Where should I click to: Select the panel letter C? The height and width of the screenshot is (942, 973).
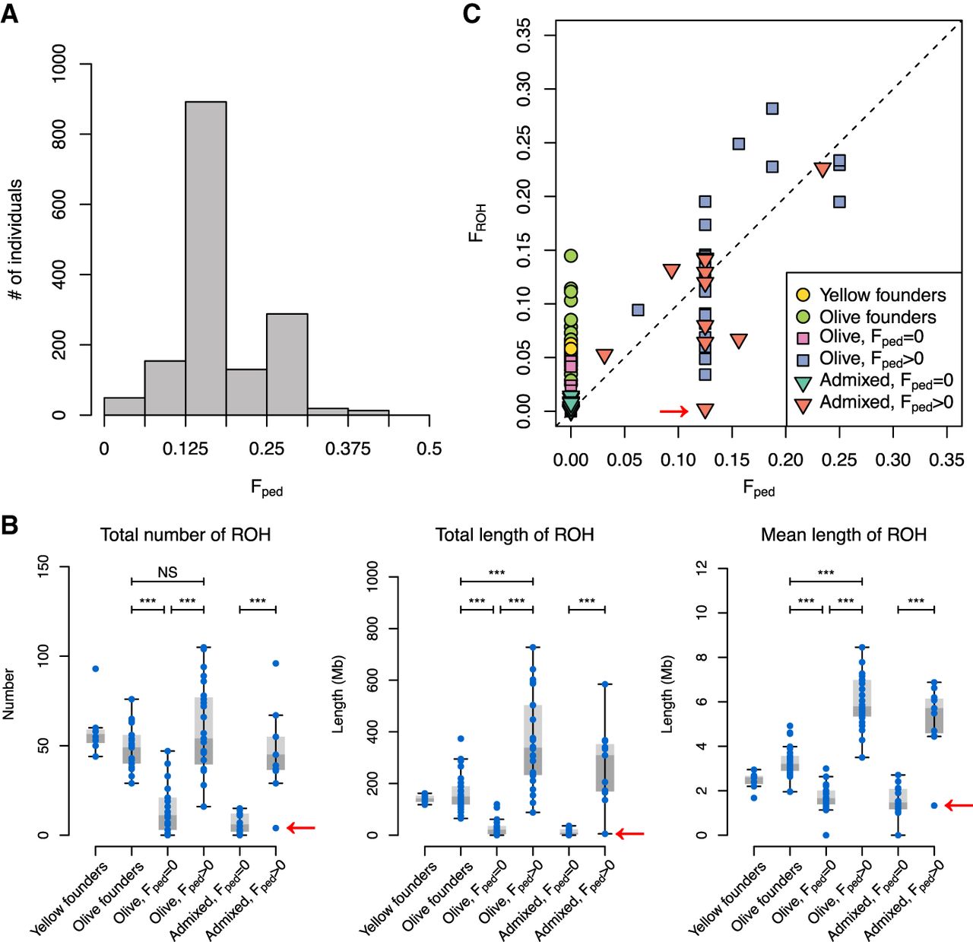pos(471,14)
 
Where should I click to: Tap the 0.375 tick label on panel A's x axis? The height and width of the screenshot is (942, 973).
pos(347,449)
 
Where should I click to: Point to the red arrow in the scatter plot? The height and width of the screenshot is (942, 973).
pos(673,411)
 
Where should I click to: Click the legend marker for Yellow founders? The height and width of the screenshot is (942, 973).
pos(803,295)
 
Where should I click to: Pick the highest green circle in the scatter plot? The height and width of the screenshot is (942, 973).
pos(571,255)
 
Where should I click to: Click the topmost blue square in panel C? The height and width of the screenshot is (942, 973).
pos(772,109)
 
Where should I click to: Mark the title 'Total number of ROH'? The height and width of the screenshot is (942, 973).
pos(185,535)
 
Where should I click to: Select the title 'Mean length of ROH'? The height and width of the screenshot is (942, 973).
pos(844,535)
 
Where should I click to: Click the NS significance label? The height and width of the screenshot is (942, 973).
pos(167,572)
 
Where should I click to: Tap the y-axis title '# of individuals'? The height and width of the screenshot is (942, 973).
pos(15,239)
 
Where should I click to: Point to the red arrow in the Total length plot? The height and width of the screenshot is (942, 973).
pos(630,834)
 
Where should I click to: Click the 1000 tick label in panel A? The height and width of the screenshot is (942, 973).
pos(59,63)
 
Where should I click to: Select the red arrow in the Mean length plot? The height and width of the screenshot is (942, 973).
pos(959,805)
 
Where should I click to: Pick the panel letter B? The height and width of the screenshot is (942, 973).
pos(10,525)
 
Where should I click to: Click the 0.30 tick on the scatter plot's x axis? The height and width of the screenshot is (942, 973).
pos(892,460)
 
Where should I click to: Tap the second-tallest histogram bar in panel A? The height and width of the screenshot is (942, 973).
pos(287,364)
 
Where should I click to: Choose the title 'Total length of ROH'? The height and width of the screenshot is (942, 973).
pos(515,535)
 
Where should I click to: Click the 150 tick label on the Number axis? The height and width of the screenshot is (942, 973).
pos(43,566)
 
